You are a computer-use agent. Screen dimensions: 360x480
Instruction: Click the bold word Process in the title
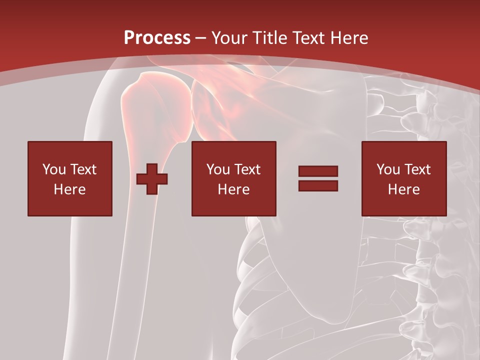point(157,38)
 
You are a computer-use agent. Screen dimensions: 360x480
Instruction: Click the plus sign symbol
point(152,179)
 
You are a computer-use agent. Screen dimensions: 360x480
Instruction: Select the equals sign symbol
point(318,178)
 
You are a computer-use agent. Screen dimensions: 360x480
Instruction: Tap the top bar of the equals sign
point(318,171)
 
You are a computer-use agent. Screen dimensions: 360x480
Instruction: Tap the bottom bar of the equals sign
point(318,185)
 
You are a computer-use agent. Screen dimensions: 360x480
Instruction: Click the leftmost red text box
point(69,178)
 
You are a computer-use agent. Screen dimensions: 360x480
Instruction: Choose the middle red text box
point(233,178)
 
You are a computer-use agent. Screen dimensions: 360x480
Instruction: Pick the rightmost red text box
point(403,178)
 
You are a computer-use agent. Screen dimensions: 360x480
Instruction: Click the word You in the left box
point(53,169)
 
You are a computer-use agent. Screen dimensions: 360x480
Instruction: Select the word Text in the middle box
point(247,169)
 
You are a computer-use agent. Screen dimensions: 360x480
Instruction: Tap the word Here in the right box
point(403,189)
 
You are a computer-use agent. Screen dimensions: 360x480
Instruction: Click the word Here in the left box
point(69,189)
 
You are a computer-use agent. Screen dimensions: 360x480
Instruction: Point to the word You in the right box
point(387,169)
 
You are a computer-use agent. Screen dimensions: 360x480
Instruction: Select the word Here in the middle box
point(233,189)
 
